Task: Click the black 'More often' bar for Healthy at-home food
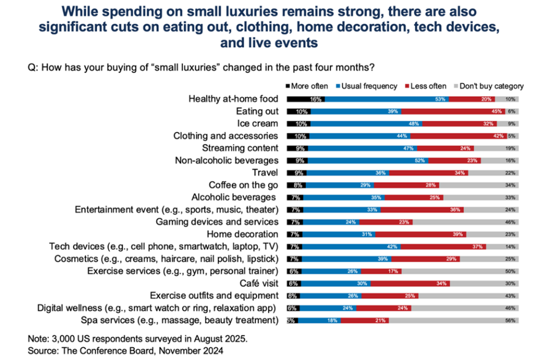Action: tap(305, 99)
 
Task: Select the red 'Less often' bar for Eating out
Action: tap(453, 112)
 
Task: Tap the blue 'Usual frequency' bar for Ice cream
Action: tap(366, 124)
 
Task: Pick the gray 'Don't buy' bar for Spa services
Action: tap(454, 321)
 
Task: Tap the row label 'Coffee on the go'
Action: tap(243, 185)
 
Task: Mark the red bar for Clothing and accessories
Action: tap(459, 136)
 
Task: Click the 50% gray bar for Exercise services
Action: tap(460, 271)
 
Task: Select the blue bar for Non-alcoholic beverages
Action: tap(368, 160)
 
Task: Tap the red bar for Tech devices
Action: tap(443, 247)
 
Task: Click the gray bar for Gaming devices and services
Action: tap(466, 222)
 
